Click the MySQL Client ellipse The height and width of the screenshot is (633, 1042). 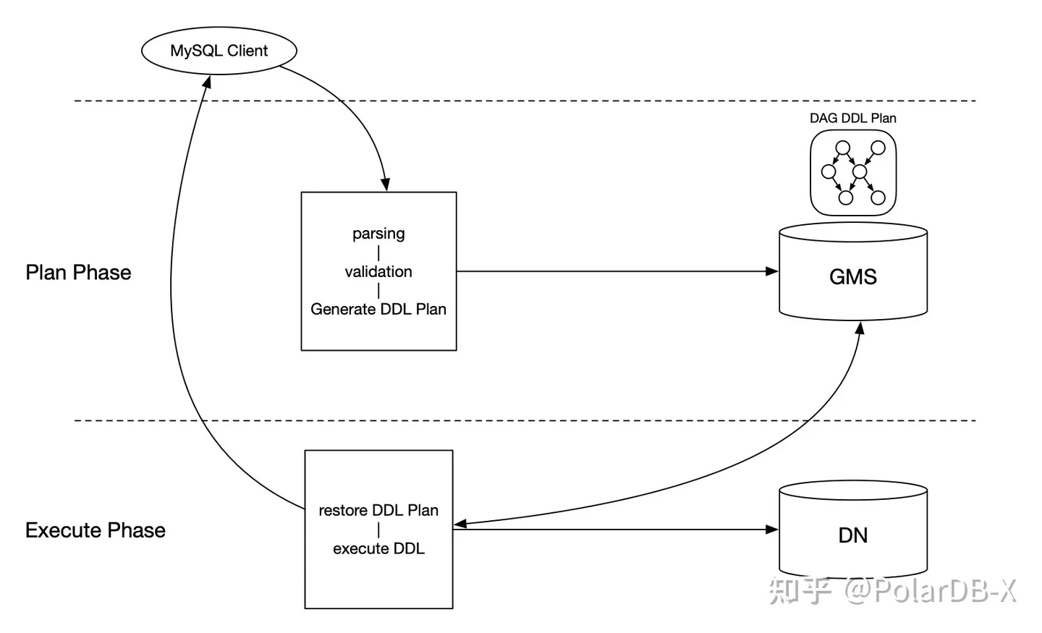coord(219,51)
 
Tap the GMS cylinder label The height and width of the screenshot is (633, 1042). coord(852,277)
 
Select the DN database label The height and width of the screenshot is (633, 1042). coord(852,535)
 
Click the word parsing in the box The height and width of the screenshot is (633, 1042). coord(378,234)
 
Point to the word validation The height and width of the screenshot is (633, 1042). coord(378,272)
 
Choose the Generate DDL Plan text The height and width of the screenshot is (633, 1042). coord(378,310)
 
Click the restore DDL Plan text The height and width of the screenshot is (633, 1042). coord(378,511)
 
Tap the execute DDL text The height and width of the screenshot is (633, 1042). coord(378,549)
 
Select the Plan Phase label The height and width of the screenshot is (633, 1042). coord(78,273)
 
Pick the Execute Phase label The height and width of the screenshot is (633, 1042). coord(95,530)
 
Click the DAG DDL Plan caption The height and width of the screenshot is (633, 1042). coord(852,119)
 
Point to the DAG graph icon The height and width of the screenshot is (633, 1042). coord(853,173)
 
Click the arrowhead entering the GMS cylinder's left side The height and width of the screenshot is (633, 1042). coord(772,271)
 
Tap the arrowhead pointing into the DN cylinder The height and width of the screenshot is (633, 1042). coord(772,530)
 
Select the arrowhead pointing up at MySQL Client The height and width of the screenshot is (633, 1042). coord(207,82)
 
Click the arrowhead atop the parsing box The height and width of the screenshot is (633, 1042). coord(386,185)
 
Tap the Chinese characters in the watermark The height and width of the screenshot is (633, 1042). coord(800,591)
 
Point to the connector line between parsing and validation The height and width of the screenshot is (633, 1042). coord(378,253)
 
